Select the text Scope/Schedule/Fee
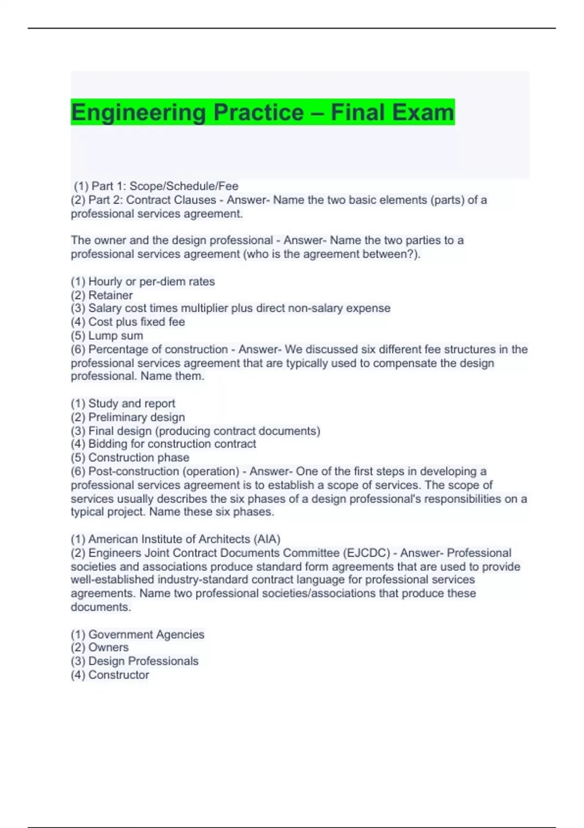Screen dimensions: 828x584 (183, 186)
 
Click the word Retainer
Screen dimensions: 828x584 (110, 295)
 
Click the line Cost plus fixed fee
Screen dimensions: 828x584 (128, 322)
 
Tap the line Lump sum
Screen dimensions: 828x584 (107, 336)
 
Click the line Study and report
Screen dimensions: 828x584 (123, 403)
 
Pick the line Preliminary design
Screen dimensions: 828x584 (128, 417)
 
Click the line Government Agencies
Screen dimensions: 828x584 (138, 634)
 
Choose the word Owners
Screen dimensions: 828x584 (108, 647)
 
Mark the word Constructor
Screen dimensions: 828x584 (118, 675)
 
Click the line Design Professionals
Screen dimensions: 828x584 (135, 661)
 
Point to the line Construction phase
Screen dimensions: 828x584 (130, 457)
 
